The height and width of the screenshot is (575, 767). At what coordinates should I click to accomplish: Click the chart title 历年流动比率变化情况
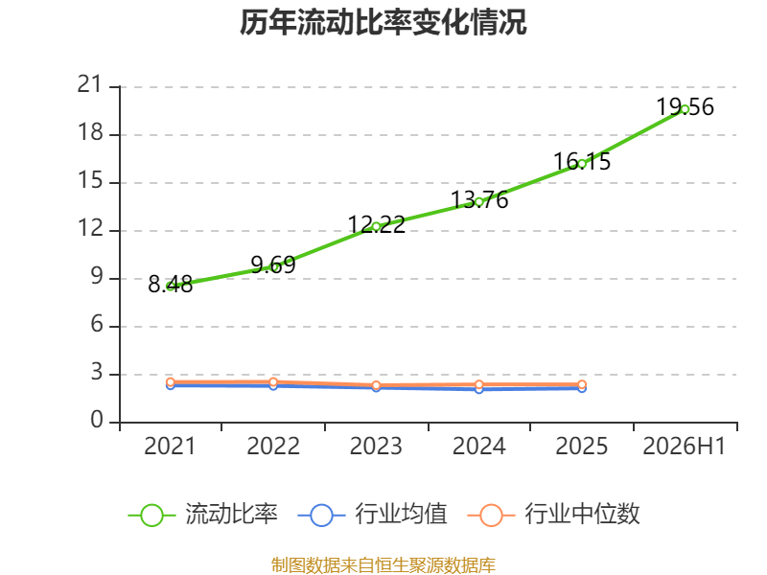point(383,22)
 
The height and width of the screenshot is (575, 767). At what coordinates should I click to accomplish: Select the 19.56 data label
point(685,106)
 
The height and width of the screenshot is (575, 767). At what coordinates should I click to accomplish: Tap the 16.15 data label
point(582,161)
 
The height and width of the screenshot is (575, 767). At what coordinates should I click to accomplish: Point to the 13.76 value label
point(479,199)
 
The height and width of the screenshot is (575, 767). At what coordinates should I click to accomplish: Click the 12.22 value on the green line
point(377,224)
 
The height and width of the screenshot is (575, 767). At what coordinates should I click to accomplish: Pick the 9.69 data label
point(273,264)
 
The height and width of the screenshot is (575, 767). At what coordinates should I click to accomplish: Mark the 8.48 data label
point(171,284)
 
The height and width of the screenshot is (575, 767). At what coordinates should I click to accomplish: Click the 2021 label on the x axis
point(171,446)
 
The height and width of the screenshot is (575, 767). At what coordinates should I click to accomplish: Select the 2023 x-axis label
point(376,446)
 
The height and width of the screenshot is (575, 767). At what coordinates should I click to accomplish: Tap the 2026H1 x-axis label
point(685,446)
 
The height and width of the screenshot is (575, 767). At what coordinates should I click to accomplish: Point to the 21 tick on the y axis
point(90,84)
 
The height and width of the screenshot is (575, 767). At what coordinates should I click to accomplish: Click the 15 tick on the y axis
point(91,181)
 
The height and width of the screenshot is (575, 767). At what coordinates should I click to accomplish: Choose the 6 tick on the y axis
point(97,324)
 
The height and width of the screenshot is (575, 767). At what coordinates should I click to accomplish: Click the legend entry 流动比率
point(203,515)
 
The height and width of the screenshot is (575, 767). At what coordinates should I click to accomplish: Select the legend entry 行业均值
point(373,515)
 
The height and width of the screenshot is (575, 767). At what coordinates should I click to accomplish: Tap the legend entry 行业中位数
point(554,515)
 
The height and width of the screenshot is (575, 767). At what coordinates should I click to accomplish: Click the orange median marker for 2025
point(582,385)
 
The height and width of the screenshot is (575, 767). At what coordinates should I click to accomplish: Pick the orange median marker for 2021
point(171,382)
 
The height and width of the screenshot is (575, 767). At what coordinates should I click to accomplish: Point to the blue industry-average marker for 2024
point(479,389)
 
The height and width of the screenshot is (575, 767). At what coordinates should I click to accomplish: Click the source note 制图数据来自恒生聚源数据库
point(383,565)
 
